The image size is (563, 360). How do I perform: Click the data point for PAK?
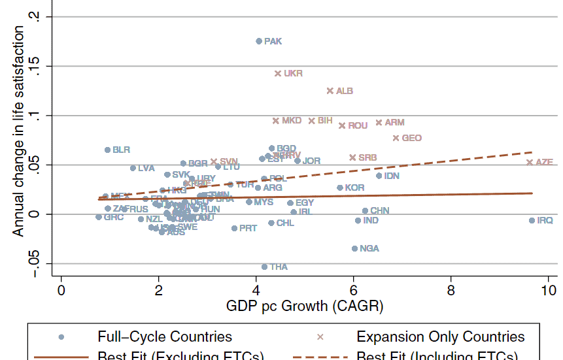click(x=259, y=41)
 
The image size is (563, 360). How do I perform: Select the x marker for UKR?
click(x=278, y=74)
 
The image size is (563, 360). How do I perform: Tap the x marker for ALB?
click(x=330, y=91)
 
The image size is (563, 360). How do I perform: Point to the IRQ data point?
click(x=532, y=221)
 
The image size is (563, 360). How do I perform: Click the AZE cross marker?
click(x=530, y=162)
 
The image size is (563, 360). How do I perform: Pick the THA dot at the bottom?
click(x=265, y=267)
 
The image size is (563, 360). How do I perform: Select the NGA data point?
click(x=355, y=248)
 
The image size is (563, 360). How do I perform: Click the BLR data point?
click(x=108, y=150)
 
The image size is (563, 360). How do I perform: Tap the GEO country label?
click(x=411, y=138)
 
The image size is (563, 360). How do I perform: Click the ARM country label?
click(x=394, y=122)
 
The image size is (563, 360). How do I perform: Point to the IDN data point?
click(x=379, y=176)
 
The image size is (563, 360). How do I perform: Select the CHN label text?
click(x=380, y=210)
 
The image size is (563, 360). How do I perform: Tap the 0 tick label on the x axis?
click(x=61, y=289)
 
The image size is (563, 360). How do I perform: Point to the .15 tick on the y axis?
click(x=42, y=66)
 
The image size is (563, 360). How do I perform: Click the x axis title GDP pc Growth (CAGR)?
click(x=305, y=306)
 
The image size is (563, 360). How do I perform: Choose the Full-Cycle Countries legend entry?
click(x=164, y=337)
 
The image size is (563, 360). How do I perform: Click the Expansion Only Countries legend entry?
click(x=440, y=337)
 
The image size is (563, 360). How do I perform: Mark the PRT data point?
click(x=234, y=228)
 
